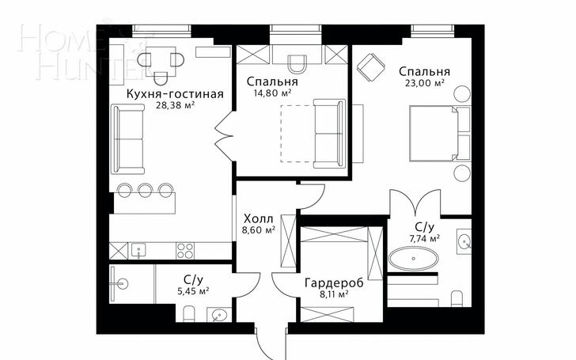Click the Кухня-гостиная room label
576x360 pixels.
pyautogui.click(x=175, y=93)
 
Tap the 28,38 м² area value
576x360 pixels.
pyautogui.click(x=175, y=106)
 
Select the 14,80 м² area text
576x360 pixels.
pyautogui.click(x=272, y=93)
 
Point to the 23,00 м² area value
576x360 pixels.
pyautogui.click(x=425, y=82)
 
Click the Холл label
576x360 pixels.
pyautogui.click(x=259, y=219)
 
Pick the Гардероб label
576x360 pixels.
pyautogui.click(x=334, y=283)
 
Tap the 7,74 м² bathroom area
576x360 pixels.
pyautogui.click(x=425, y=239)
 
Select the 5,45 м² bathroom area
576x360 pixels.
pyautogui.click(x=193, y=292)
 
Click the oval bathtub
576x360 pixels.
pyautogui.click(x=414, y=259)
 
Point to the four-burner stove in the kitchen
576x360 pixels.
pyautogui.click(x=185, y=252)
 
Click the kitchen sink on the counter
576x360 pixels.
pyautogui.click(x=138, y=252)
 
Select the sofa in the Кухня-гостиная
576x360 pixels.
pyautogui.click(x=128, y=139)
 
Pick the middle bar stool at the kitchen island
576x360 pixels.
pyautogui.click(x=145, y=189)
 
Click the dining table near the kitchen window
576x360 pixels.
pyautogui.click(x=161, y=62)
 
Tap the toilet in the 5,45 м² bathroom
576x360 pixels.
pyautogui.click(x=189, y=315)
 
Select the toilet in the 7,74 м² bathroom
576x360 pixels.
pyautogui.click(x=457, y=298)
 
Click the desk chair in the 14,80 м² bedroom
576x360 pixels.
pyautogui.click(x=297, y=64)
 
